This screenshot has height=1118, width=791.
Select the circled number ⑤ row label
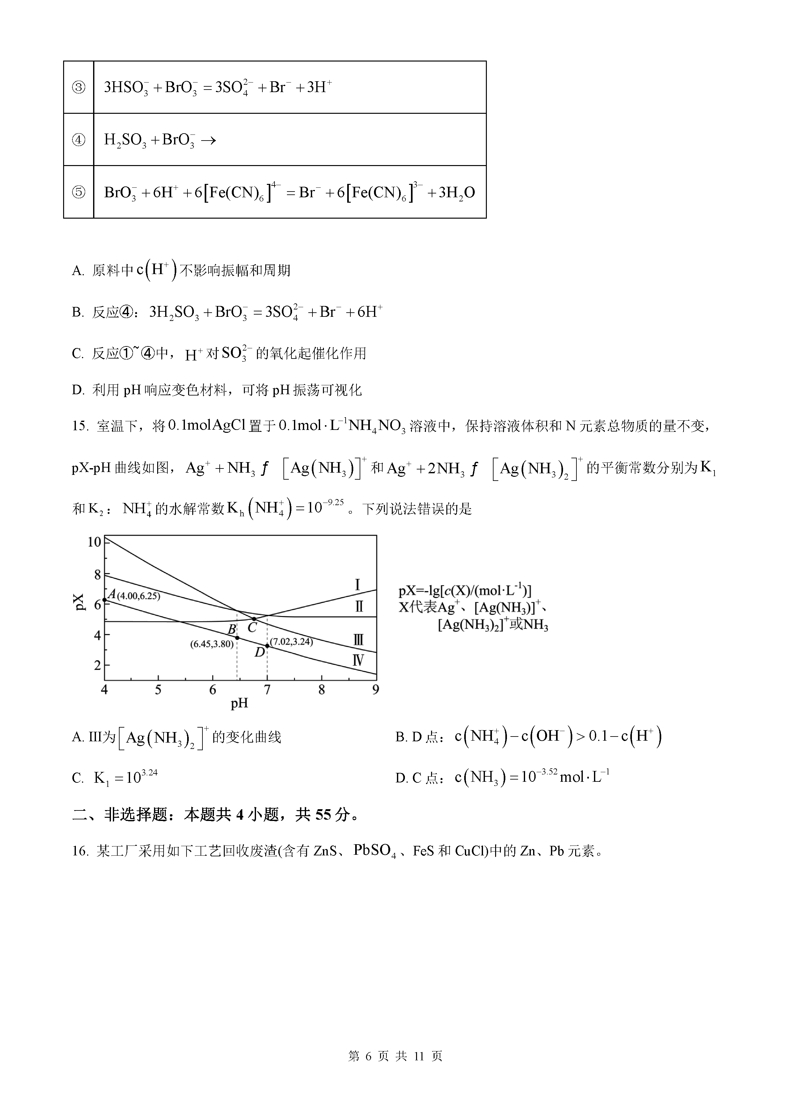coord(78,192)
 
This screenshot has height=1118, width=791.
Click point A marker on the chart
coord(105,600)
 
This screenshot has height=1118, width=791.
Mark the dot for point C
coord(254,619)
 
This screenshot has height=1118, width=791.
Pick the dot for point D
coord(267,646)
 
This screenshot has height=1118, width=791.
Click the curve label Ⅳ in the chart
coord(358,661)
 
